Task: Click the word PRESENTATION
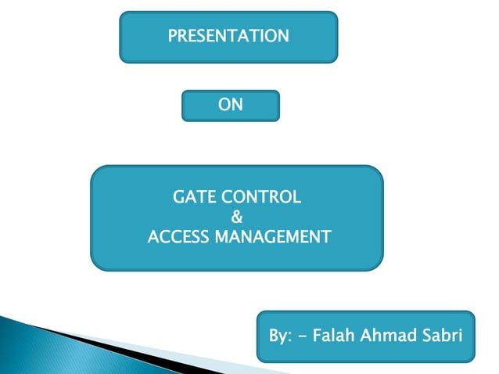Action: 228,36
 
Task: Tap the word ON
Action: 231,105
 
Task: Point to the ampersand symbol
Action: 238,217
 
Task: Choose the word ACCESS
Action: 174,236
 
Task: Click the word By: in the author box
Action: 279,336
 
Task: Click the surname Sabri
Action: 443,336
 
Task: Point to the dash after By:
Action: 302,337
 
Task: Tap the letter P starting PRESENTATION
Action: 173,36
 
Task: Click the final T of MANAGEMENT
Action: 327,236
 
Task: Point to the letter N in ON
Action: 237,105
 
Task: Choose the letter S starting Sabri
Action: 429,336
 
